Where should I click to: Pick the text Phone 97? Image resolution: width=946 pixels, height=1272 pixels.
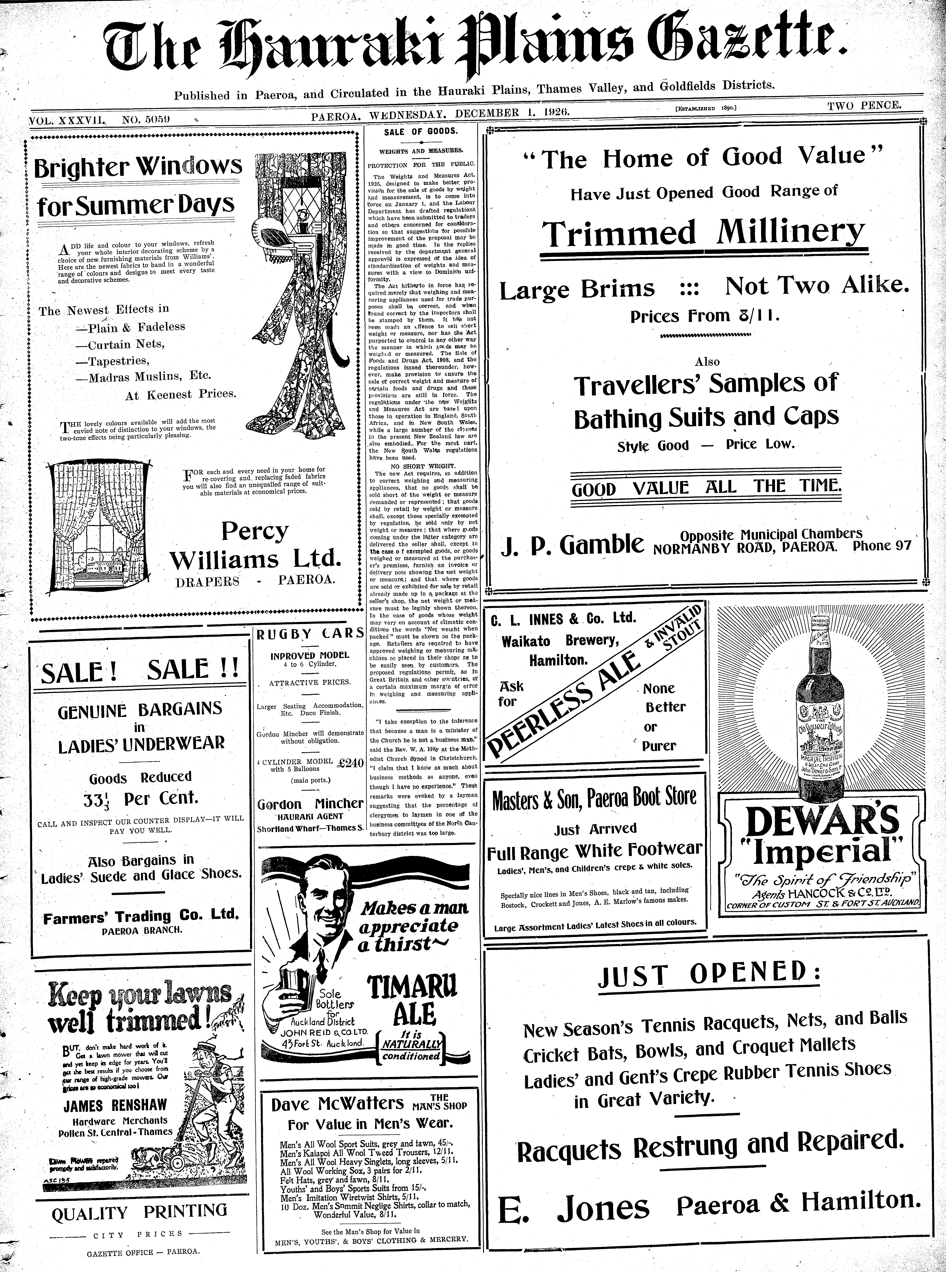(882, 545)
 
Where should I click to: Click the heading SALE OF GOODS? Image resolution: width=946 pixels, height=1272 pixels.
(421, 131)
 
